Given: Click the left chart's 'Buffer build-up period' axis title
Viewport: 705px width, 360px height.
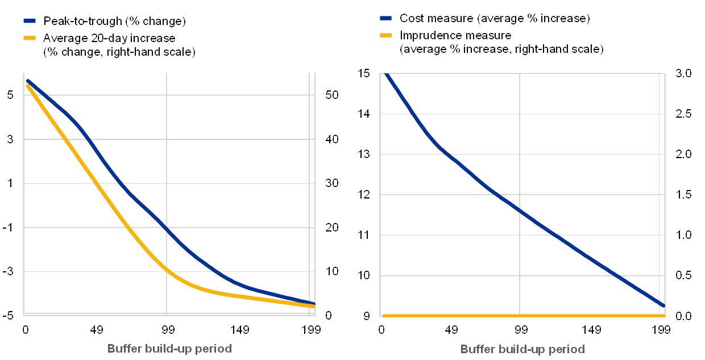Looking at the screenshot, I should (169, 349).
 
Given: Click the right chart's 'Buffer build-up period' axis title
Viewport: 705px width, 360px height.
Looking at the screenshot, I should (522, 349).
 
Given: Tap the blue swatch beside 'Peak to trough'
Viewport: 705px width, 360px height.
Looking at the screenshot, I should (30, 21).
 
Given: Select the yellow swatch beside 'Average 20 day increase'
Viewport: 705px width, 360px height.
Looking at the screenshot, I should (30, 38).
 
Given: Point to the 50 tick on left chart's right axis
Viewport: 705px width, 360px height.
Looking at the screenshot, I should (331, 95).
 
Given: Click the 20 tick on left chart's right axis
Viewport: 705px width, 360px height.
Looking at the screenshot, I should (331, 227).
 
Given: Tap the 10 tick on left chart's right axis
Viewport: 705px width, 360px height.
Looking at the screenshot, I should (331, 271).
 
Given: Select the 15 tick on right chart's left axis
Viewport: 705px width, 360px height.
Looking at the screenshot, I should (364, 73).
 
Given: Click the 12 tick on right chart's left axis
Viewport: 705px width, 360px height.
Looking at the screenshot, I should (364, 195).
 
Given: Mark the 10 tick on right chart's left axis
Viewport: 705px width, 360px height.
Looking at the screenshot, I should (364, 275).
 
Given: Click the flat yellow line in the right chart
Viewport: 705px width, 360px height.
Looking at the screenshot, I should (520, 315).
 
